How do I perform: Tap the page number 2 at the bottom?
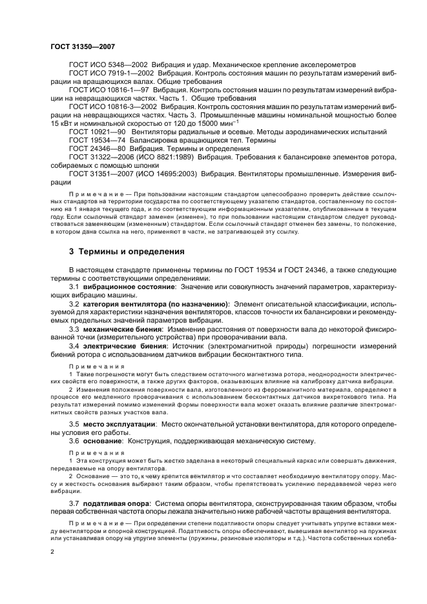coord(52,552)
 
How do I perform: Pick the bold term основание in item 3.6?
coord(103,441)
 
